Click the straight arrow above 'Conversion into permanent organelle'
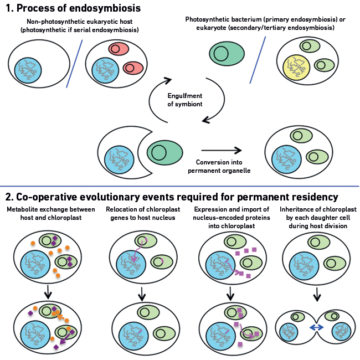222,150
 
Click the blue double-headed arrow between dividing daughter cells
316,328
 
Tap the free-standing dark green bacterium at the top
227,54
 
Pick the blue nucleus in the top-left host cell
33,71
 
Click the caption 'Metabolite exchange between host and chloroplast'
51,213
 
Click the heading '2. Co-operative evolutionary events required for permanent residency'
172,197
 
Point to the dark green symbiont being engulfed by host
164,152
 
